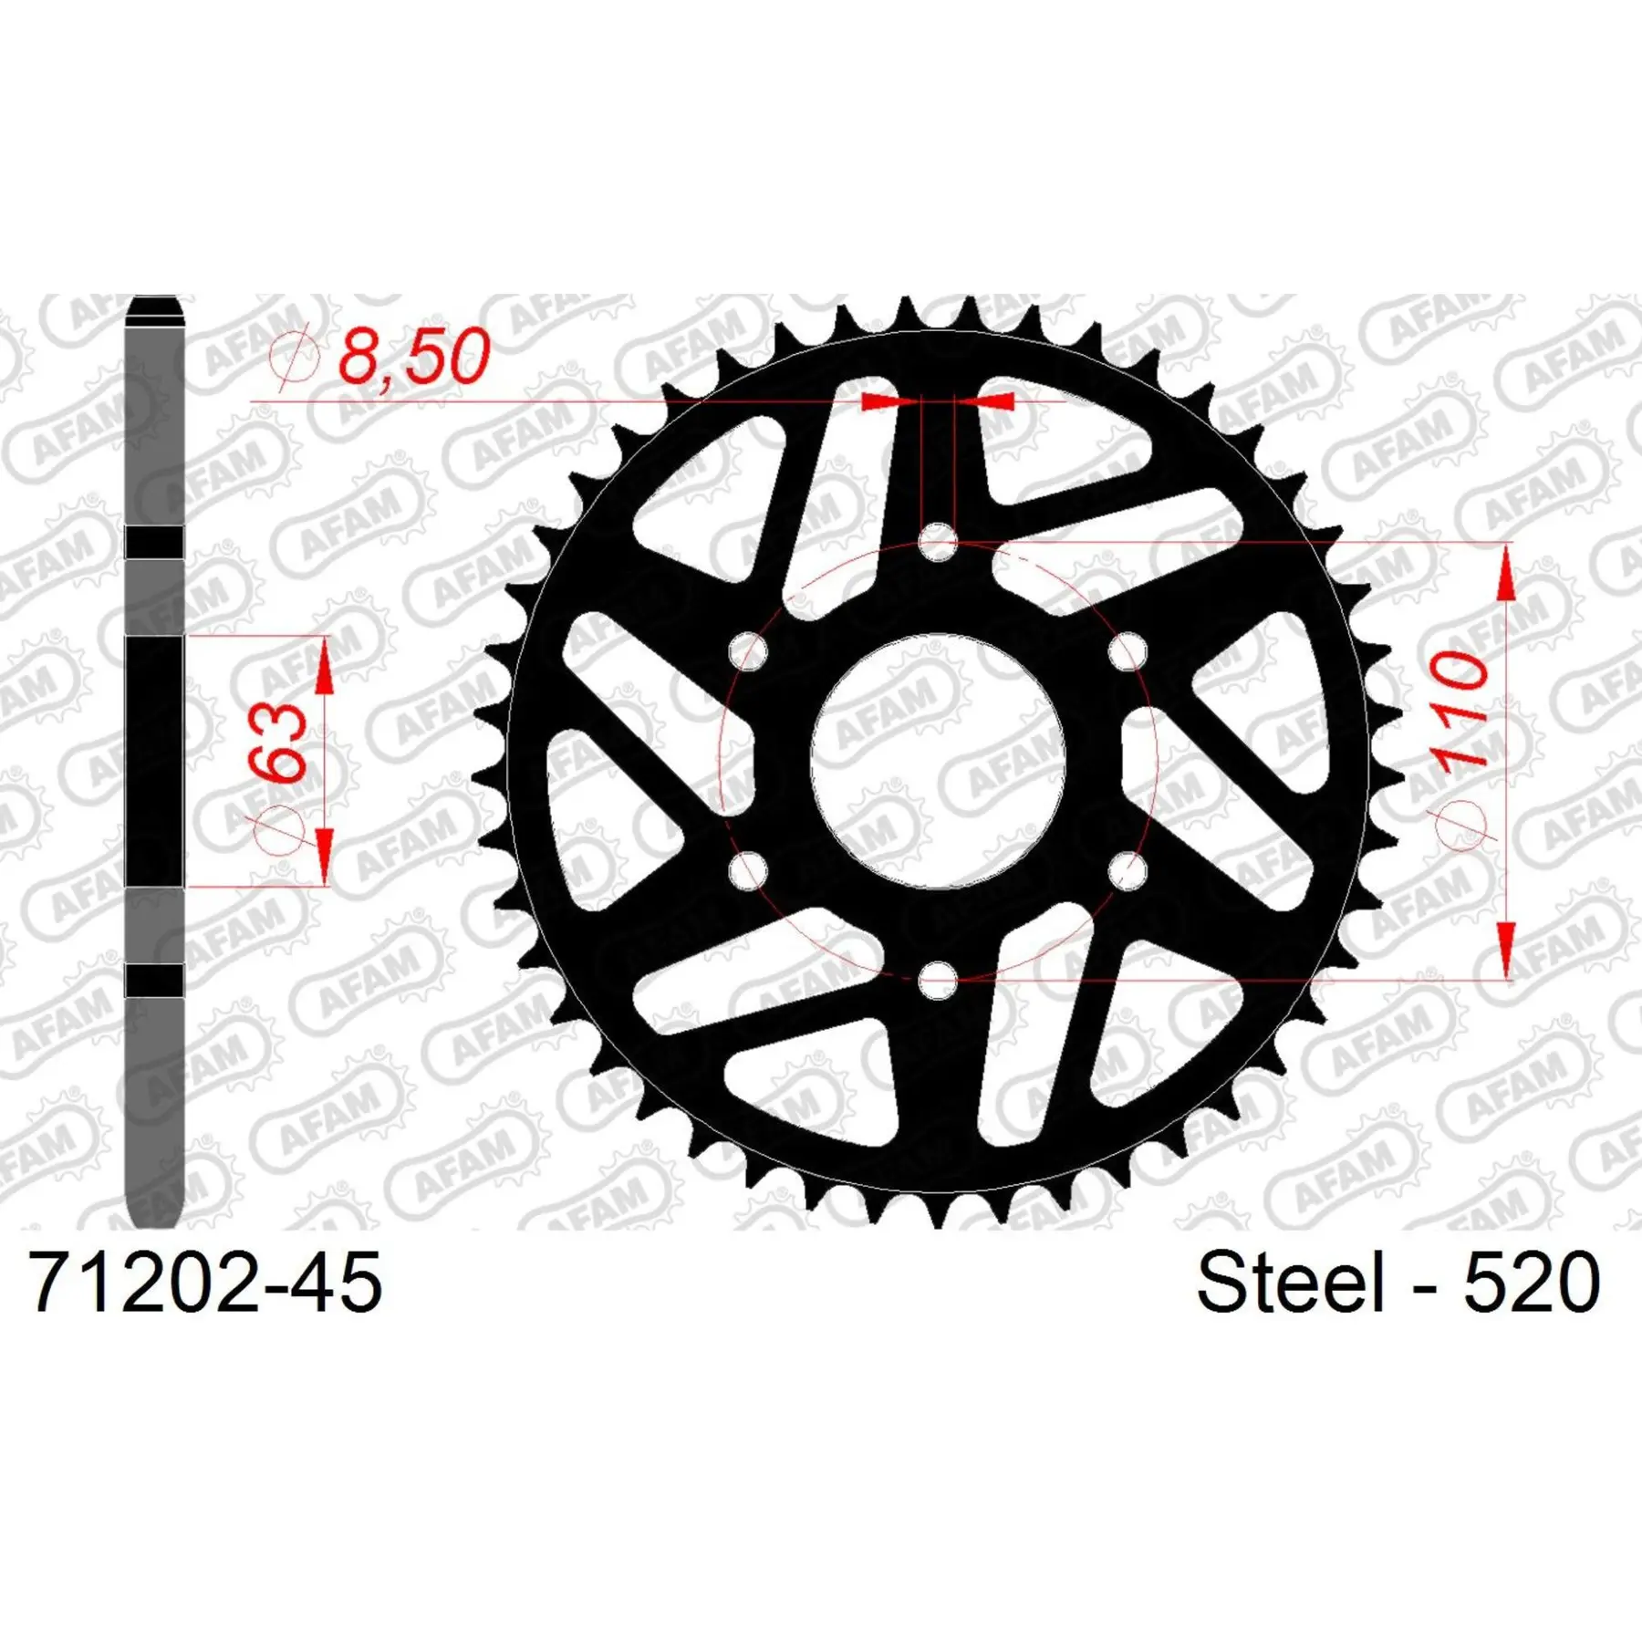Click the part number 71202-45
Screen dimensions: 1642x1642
pos(205,1282)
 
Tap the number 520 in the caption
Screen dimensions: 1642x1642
pos(1533,1282)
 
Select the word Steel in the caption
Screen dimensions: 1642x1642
pos(1290,1282)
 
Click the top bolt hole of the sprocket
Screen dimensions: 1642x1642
pos(938,544)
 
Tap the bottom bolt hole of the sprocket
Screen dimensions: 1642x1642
pos(938,982)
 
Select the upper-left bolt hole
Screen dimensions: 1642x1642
pos(748,652)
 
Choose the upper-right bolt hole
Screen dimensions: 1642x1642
pos(1128,652)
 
